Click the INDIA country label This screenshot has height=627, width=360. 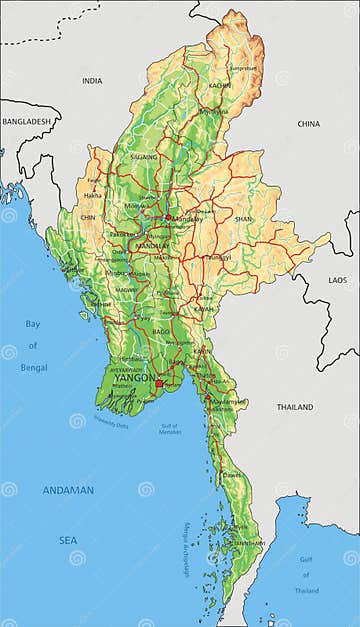[x=92, y=81]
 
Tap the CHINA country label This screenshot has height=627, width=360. [x=309, y=123]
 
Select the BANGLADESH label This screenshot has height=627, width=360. [x=26, y=121]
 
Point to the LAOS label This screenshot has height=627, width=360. [x=338, y=280]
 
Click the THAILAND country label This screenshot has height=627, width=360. [x=295, y=407]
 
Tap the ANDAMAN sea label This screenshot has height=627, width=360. [x=68, y=490]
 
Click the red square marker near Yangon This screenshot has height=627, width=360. [x=158, y=382]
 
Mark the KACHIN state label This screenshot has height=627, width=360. [x=220, y=86]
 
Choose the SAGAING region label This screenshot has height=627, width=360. [x=144, y=157]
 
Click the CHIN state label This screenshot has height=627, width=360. [x=88, y=217]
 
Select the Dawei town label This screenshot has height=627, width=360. [x=232, y=475]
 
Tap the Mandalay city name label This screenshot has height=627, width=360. [x=181, y=218]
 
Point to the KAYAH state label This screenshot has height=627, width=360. [x=207, y=309]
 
